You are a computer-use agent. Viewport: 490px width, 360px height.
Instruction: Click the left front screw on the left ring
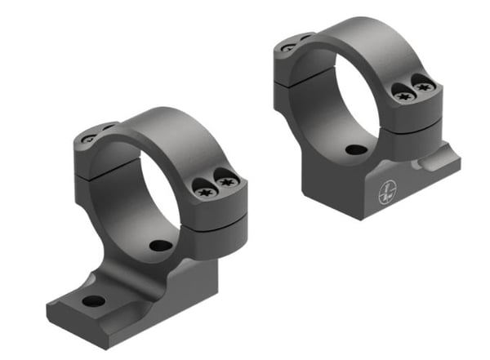pyautogui.click(x=206, y=191)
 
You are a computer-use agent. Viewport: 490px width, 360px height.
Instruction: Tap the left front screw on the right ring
pyautogui.click(x=401, y=96)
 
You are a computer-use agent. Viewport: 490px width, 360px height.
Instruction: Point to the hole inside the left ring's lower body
pyautogui.click(x=161, y=245)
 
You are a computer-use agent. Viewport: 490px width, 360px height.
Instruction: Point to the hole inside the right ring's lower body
pyautogui.click(x=354, y=150)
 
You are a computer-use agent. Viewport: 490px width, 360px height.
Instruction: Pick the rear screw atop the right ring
pyautogui.click(x=287, y=48)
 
